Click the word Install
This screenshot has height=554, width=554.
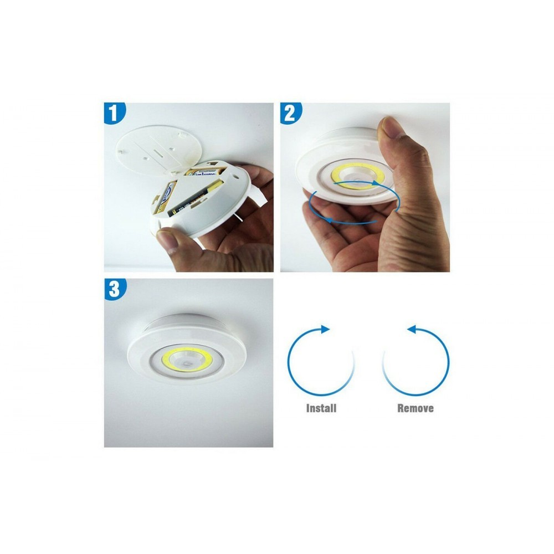click(x=321, y=408)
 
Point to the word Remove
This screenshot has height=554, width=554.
click(x=416, y=408)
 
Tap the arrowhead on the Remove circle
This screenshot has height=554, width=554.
click(x=412, y=329)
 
